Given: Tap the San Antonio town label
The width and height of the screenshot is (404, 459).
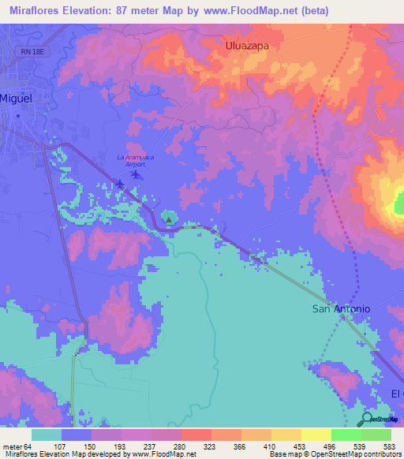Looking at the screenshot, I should coord(341,309).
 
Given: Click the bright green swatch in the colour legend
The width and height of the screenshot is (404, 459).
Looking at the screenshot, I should coord(346,435).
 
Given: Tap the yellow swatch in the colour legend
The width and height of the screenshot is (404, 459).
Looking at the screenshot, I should coord(316,435).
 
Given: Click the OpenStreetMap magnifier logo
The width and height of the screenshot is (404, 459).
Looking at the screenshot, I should coord(367,419).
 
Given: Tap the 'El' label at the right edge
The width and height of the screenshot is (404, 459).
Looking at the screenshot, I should coord(396,393).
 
